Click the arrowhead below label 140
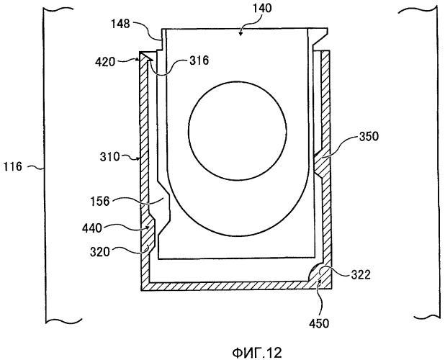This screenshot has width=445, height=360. [x=241, y=32]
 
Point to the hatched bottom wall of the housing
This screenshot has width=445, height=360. [x=230, y=285]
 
